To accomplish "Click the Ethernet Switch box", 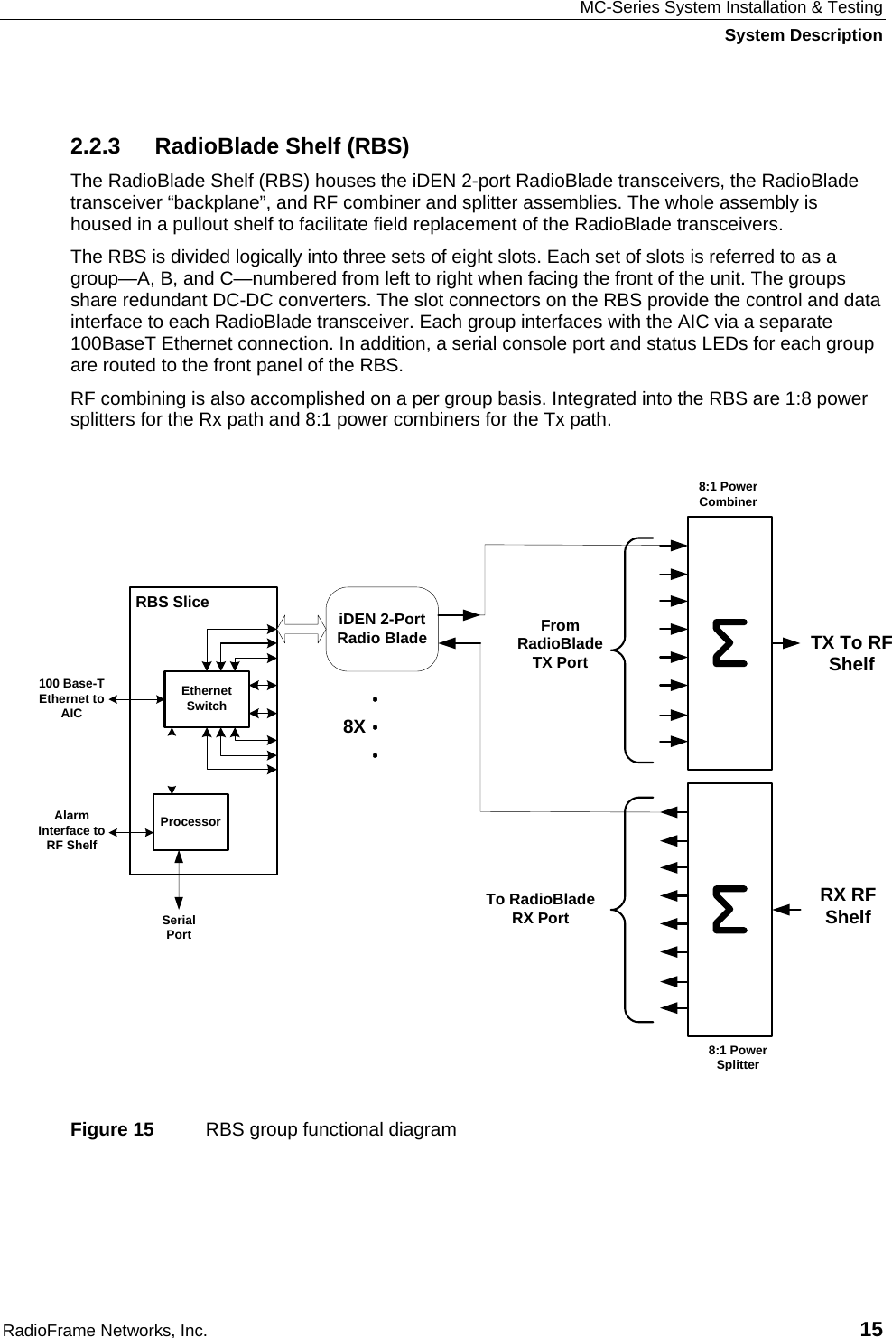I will click(x=206, y=698).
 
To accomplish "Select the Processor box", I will click(x=190, y=822).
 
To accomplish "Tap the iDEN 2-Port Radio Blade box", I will click(x=382, y=629).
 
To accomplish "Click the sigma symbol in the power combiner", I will click(x=729, y=642).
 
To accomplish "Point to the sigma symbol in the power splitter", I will click(x=729, y=909).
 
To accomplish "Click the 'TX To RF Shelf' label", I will click(x=850, y=653).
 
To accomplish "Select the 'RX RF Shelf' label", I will click(x=848, y=905).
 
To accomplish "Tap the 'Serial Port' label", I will click(x=179, y=927).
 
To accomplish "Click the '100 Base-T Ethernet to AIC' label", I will click(x=71, y=698).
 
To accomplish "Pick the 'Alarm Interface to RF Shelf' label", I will click(x=71, y=830).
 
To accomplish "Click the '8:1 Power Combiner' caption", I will click(x=728, y=494).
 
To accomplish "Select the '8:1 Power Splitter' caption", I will click(x=738, y=1057).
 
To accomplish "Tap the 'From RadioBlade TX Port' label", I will click(x=560, y=643).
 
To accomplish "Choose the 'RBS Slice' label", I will click(x=172, y=602).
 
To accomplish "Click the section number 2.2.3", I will click(x=96, y=146).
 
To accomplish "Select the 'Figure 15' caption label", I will click(x=113, y=1129).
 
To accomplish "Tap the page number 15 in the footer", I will click(x=871, y=1329).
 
